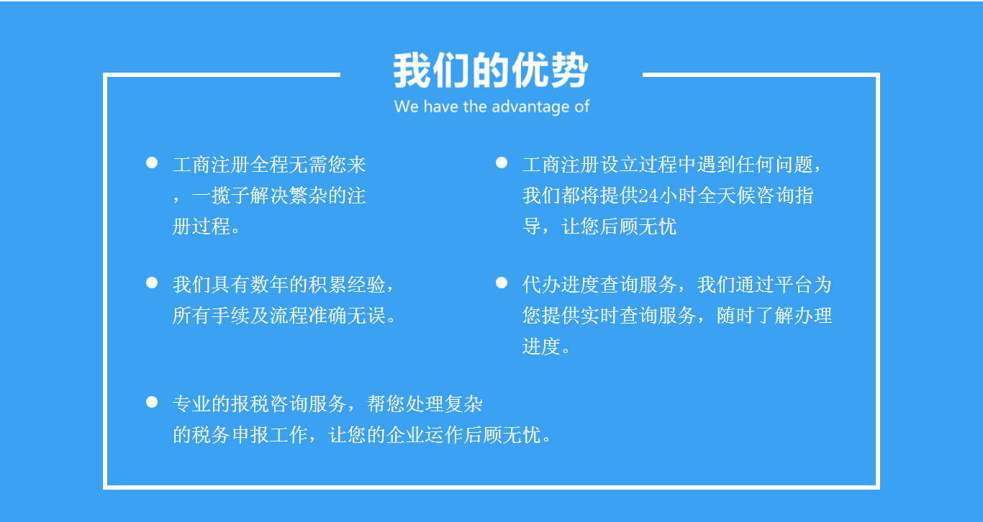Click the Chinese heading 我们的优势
click(x=491, y=71)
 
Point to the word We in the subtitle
click(x=406, y=107)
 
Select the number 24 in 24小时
click(x=648, y=196)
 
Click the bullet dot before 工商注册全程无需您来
click(x=152, y=162)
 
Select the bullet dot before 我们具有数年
click(x=152, y=283)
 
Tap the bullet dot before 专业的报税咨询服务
click(x=152, y=402)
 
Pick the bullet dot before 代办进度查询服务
click(x=502, y=283)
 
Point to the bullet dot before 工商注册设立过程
click(x=502, y=162)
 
